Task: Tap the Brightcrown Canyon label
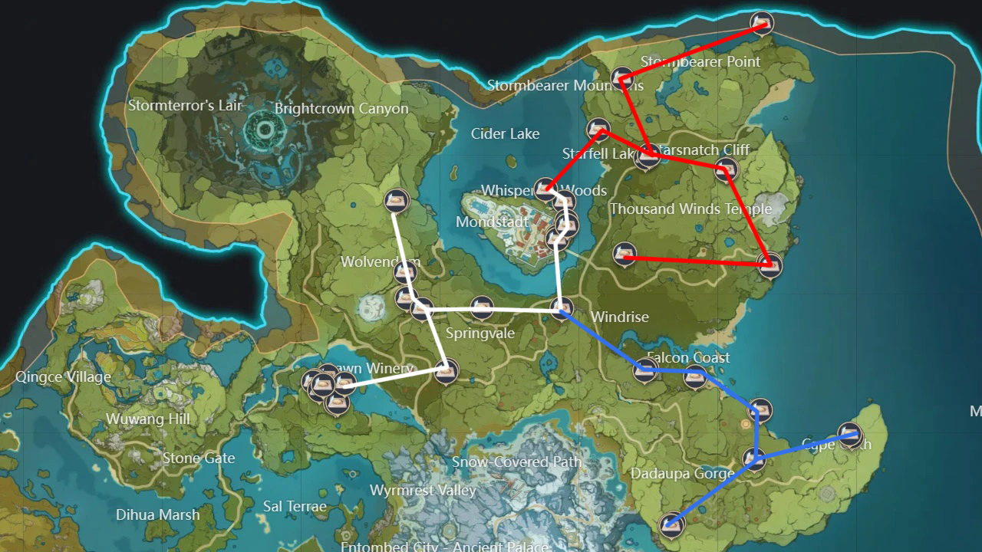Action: [x=341, y=109]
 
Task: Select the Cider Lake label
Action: [x=505, y=134]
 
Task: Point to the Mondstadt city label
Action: [x=492, y=222]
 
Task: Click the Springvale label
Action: [x=480, y=333]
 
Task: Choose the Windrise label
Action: [x=619, y=317]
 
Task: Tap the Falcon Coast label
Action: [x=688, y=357]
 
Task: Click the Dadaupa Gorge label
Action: [x=682, y=474]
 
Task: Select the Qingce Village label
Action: [x=64, y=377]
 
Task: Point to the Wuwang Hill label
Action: [x=148, y=419]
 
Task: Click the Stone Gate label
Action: [x=199, y=458]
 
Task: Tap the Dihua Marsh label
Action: [x=158, y=515]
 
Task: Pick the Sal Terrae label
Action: [x=295, y=507]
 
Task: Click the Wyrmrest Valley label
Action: [x=423, y=491]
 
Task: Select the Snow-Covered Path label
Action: [x=516, y=462]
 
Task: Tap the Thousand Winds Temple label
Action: [x=690, y=209]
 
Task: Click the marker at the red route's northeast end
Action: [x=761, y=22]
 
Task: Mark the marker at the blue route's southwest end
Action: [x=672, y=524]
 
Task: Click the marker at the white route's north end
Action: [x=396, y=201]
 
